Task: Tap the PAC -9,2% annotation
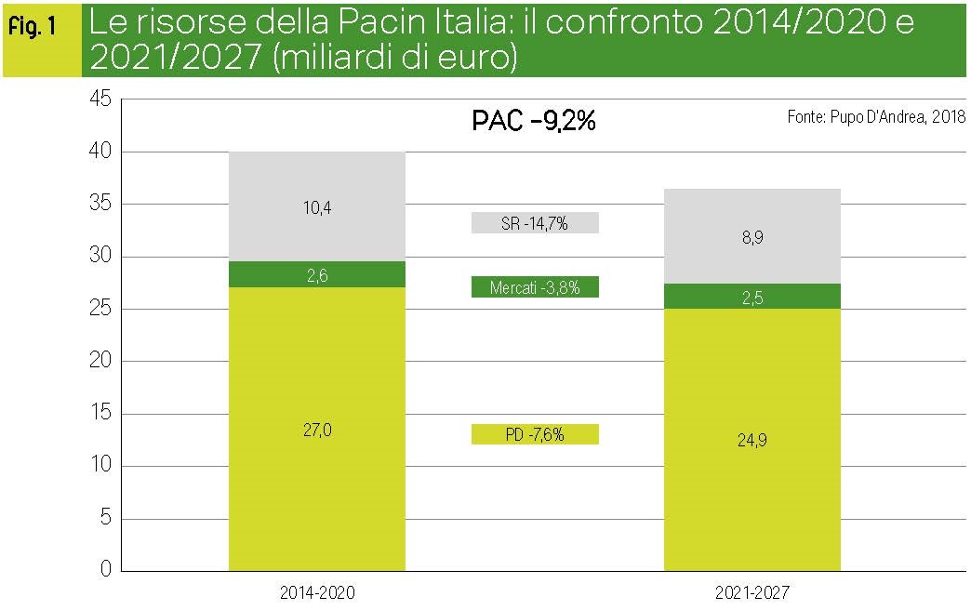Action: [533, 121]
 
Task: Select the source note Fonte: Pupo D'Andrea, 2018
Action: [876, 117]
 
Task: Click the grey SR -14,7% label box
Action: [535, 223]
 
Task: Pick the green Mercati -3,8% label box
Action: [535, 287]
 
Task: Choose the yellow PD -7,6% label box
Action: [535, 434]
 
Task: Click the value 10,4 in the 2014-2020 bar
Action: [317, 208]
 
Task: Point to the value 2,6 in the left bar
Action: [317, 275]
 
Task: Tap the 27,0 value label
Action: [317, 430]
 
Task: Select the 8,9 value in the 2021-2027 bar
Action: [752, 238]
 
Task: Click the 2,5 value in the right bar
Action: [752, 298]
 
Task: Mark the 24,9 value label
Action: [752, 441]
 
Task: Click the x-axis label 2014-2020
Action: [317, 591]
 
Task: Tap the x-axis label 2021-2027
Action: [752, 591]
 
